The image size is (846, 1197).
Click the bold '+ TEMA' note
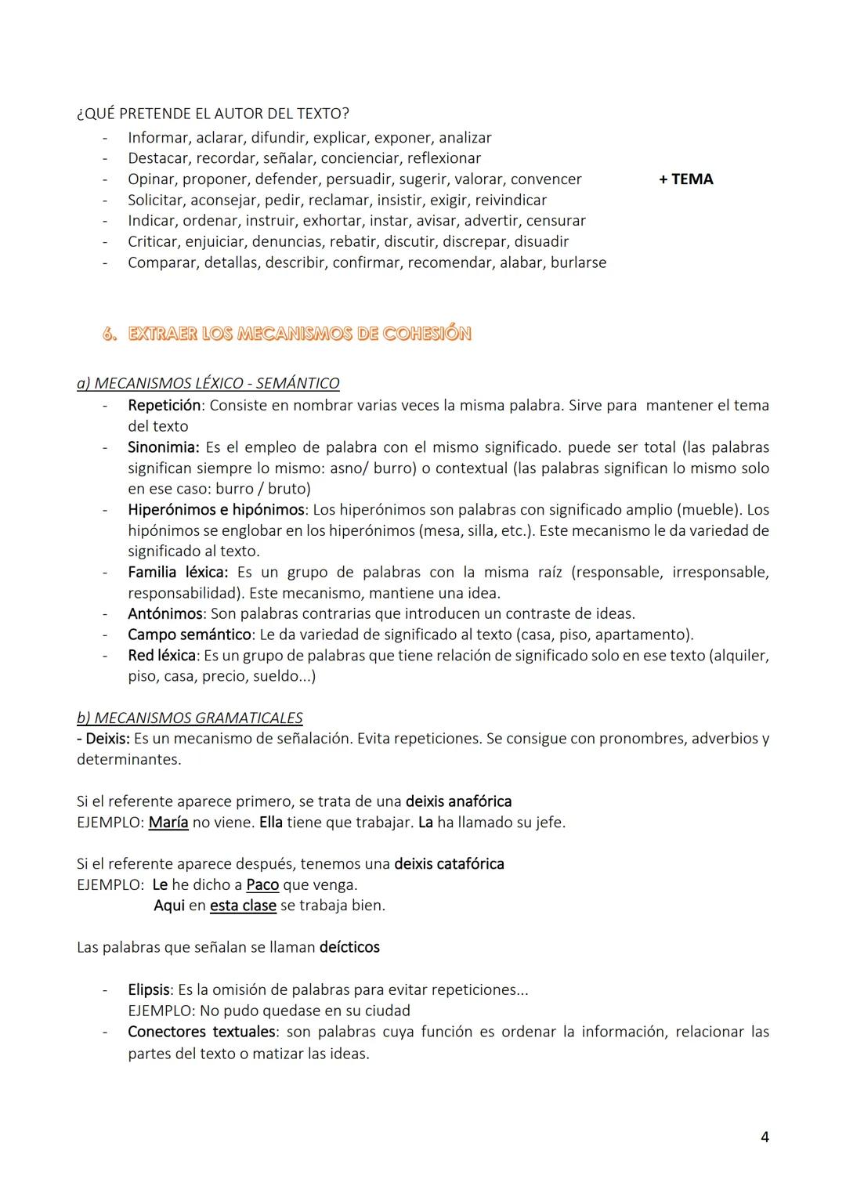pos(685,179)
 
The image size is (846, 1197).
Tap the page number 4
pos(765,1137)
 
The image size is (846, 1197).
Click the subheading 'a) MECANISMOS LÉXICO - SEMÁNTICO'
pos(208,383)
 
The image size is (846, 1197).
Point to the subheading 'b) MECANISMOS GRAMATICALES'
pos(190,718)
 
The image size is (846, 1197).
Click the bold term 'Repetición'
pos(164,405)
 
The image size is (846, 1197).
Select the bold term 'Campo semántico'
pos(190,635)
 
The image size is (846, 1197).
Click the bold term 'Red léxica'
pos(161,655)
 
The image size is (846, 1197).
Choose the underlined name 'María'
pos(168,823)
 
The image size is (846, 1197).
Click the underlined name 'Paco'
pos(262,884)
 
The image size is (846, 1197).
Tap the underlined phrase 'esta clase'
pos(243,906)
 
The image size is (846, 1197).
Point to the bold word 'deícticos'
pos(349,947)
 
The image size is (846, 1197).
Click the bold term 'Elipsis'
pos(149,989)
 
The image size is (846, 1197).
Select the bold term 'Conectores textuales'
pos(201,1032)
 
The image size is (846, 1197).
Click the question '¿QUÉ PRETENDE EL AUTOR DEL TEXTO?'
pos(213,114)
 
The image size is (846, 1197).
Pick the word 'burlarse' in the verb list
pos(578,262)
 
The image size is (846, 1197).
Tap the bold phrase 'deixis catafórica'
pos(449,864)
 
